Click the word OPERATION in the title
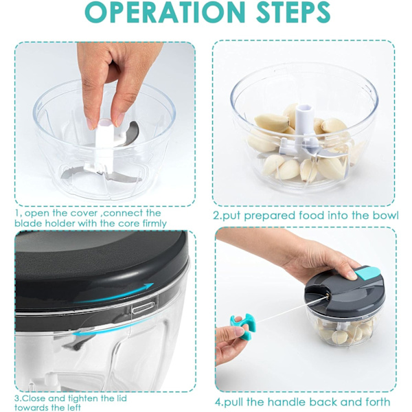[165, 12]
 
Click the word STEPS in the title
[293, 12]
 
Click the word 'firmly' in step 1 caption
[154, 224]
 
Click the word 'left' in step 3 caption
[74, 408]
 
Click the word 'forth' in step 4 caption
[377, 402]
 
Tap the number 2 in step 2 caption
[216, 216]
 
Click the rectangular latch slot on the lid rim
[144, 308]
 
